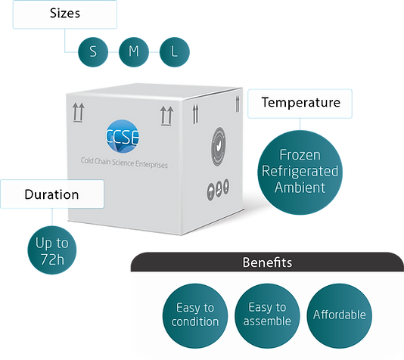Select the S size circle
92,52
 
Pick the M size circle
133,52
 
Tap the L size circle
175,52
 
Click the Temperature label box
300,102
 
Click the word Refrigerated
300,169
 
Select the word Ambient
300,186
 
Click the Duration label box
51,194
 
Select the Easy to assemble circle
266,315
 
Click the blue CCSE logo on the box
124,138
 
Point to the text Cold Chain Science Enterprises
124,163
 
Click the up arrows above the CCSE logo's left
76,114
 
